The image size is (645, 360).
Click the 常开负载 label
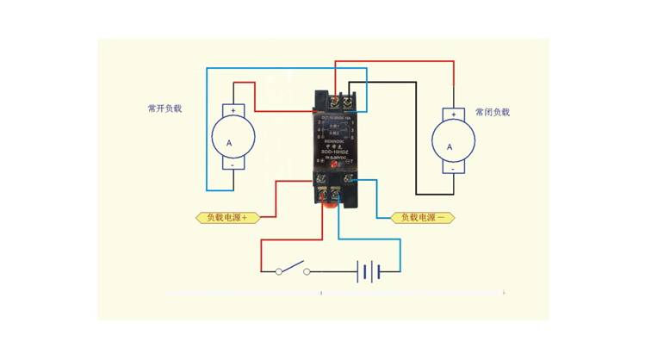point(164,109)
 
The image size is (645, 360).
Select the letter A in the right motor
point(449,146)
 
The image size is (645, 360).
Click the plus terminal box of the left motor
point(233,110)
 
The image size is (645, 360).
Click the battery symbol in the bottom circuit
point(369,272)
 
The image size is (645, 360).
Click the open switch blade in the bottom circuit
point(293,265)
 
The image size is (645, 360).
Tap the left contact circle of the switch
point(278,272)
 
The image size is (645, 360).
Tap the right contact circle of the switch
point(307,272)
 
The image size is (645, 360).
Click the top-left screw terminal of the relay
point(333,101)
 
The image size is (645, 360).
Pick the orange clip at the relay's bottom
point(328,203)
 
